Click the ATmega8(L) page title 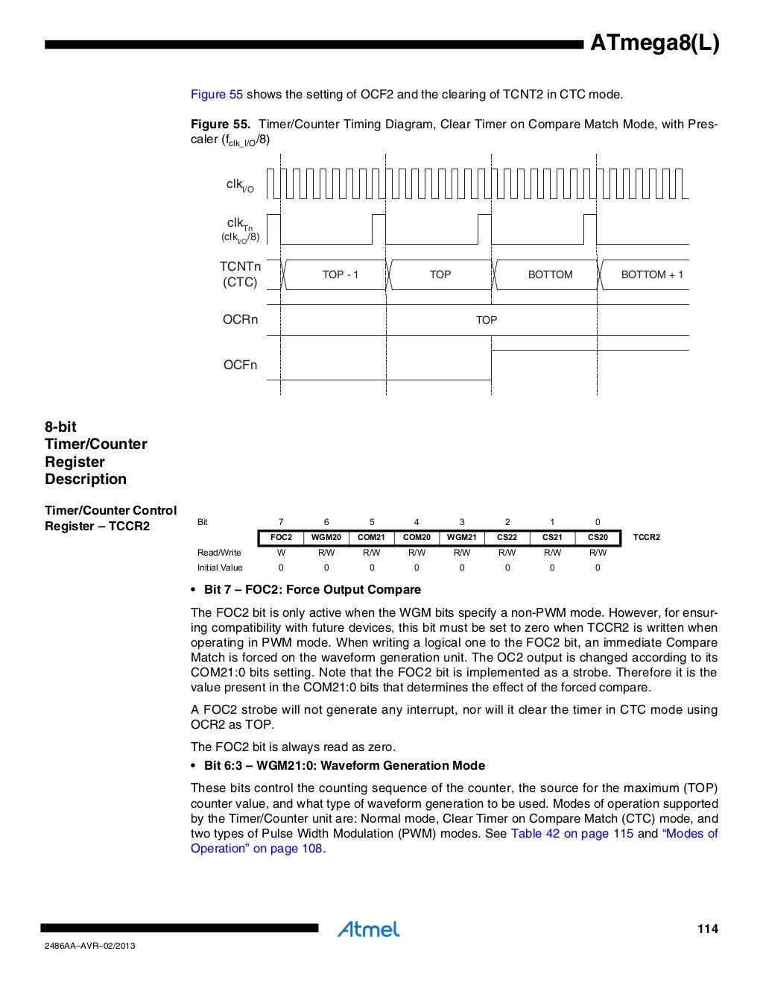654,44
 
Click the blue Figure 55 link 217,94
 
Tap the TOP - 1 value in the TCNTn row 341,274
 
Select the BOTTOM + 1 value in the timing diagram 652,274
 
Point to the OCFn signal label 240,365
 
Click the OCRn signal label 240,319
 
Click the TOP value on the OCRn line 486,320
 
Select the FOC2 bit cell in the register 281,537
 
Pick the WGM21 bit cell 461,537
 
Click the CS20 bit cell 598,537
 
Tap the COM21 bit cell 371,537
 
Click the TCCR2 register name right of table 646,537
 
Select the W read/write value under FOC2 281,553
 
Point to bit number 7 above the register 281,522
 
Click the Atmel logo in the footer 368,929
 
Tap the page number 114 707,929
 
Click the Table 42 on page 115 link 572,833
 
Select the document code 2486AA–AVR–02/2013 90,946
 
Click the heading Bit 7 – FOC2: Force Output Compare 312,589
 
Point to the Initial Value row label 220,568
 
